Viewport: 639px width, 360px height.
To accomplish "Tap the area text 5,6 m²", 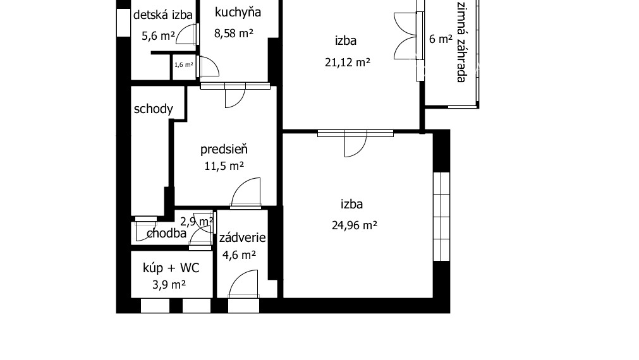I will point(158,36).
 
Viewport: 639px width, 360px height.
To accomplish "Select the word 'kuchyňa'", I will point(238,12).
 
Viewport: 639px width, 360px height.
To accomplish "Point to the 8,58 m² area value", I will point(233,33).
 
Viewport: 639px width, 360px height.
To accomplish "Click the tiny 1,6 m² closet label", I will point(183,64).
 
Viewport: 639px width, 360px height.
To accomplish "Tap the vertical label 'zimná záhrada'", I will point(461,42).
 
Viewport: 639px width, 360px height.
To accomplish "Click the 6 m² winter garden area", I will point(441,39).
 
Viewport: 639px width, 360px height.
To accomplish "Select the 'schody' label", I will point(153,109).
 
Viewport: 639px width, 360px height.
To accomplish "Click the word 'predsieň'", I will point(224,150).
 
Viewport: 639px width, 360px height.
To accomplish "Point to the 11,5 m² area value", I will point(224,167).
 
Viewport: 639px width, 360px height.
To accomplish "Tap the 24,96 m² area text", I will point(354,225).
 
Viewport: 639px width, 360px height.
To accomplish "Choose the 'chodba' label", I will point(166,234).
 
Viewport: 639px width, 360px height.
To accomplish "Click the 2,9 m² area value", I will point(196,222).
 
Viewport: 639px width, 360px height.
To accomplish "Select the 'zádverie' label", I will point(242,238).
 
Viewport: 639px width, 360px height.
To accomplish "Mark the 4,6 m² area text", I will point(239,255).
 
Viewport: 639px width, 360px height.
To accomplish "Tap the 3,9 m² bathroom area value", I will point(169,285).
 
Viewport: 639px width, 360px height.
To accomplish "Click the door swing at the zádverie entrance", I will point(244,284).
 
